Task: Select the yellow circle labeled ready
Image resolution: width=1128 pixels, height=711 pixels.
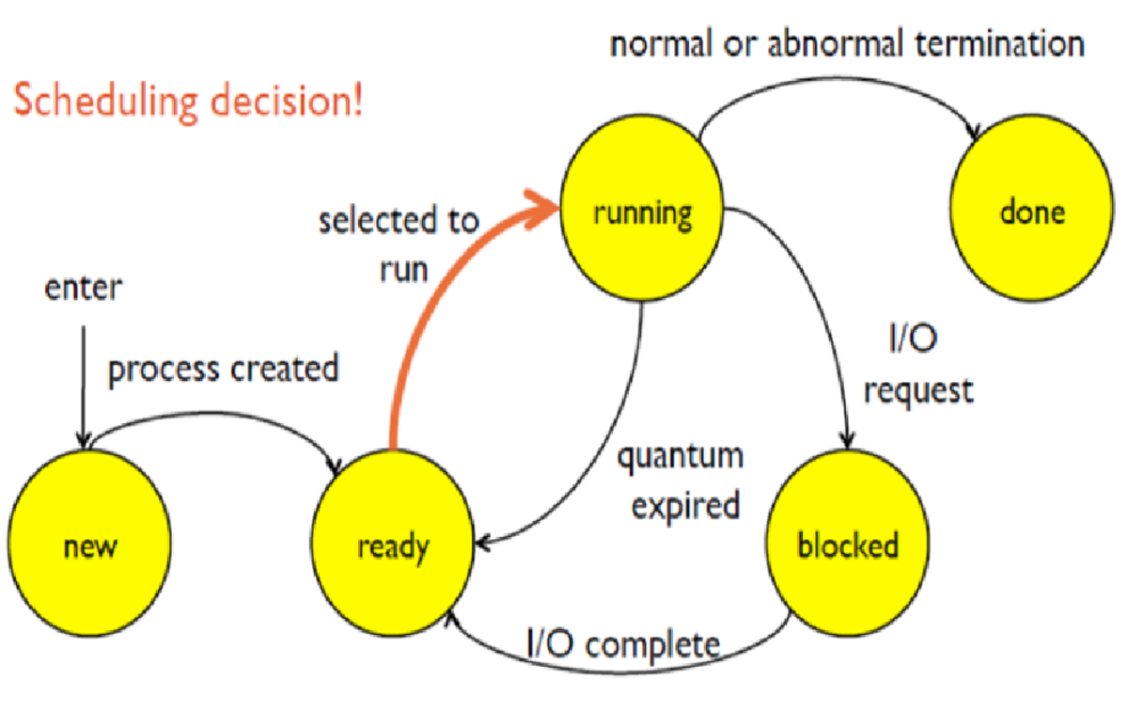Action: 393,546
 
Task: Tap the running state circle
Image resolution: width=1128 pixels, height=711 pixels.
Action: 643,214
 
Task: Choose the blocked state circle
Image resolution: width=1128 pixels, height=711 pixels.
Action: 847,545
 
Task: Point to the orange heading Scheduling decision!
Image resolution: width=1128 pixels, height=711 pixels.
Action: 187,102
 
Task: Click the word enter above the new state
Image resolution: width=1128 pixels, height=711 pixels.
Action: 83,289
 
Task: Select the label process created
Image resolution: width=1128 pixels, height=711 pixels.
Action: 223,369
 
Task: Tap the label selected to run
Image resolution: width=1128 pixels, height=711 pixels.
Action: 399,245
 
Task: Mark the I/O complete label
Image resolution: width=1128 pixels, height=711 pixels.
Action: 621,645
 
